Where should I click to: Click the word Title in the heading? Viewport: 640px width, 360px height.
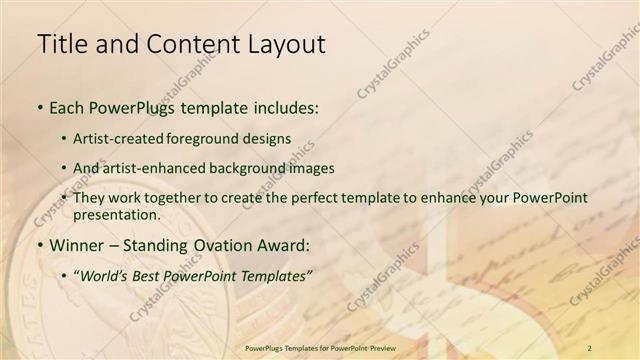point(59,44)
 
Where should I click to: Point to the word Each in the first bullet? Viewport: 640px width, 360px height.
point(66,108)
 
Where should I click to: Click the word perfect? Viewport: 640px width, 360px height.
point(306,198)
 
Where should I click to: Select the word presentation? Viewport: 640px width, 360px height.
point(116,214)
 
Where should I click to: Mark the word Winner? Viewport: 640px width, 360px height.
point(76,245)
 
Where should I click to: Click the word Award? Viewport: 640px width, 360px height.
point(283,245)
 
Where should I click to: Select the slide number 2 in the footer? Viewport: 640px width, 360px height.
point(590,347)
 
